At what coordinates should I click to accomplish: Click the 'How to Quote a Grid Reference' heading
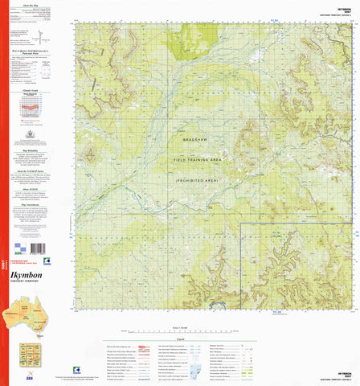(x=33, y=50)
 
